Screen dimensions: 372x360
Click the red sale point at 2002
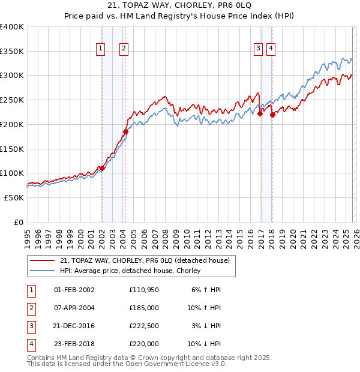click(102, 169)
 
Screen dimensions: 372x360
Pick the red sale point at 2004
click(125, 132)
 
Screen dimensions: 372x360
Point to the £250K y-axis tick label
click(12, 100)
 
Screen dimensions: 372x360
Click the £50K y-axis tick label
click(14, 197)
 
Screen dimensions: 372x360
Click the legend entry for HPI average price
click(130, 271)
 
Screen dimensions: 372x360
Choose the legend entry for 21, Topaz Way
click(145, 260)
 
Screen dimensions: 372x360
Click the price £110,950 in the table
click(144, 290)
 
